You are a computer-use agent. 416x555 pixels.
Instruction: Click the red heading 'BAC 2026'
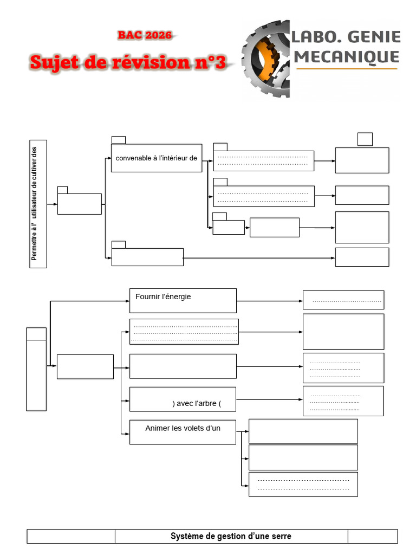145,36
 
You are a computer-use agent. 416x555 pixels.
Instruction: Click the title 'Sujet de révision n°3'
128,62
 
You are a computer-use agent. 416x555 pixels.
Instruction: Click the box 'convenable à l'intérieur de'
157,158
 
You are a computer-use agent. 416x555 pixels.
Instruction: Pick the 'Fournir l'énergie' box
183,300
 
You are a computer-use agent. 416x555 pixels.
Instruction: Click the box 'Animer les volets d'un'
183,432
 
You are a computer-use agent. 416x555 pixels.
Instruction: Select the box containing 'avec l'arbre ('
183,399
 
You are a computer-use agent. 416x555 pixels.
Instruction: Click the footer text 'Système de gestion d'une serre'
231,536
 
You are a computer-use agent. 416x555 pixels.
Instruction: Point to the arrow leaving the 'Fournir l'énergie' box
269,301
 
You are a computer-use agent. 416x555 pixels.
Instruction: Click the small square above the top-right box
365,139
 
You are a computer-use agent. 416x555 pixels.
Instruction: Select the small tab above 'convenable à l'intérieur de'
118,140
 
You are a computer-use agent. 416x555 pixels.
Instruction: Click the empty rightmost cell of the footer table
373,536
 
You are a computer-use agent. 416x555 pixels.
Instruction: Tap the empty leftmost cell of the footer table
71,536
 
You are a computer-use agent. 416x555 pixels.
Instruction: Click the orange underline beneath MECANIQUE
347,69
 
